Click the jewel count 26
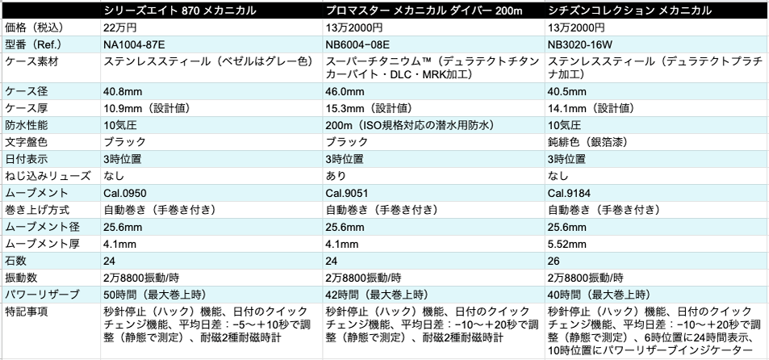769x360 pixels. [554, 260]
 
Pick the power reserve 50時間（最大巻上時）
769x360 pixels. [159, 294]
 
